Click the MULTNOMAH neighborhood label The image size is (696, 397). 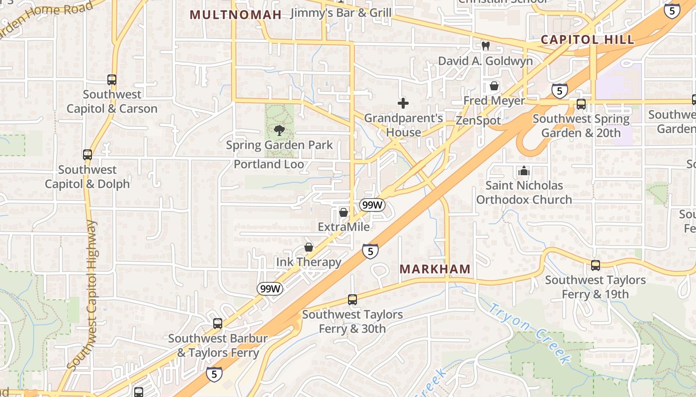[x=236, y=14]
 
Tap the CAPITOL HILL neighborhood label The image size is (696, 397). [x=587, y=40]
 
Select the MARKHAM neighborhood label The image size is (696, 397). [x=435, y=269]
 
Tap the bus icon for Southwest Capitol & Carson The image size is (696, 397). [x=112, y=80]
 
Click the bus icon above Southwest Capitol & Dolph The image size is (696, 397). [x=87, y=155]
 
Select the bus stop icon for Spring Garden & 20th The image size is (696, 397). [x=581, y=104]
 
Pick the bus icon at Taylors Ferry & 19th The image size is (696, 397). [x=596, y=265]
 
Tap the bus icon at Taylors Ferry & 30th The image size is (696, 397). [x=352, y=300]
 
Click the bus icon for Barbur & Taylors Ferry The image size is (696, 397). [x=218, y=324]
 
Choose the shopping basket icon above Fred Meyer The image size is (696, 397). [x=494, y=86]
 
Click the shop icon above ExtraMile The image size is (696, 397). [x=343, y=212]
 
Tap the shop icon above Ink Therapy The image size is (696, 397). [x=309, y=247]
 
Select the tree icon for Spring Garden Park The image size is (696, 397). [x=279, y=131]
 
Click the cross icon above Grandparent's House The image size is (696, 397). [x=403, y=103]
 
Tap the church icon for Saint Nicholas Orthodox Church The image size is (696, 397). [x=523, y=171]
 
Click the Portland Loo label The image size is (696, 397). [x=269, y=164]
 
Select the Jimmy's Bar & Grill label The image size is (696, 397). [x=341, y=12]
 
